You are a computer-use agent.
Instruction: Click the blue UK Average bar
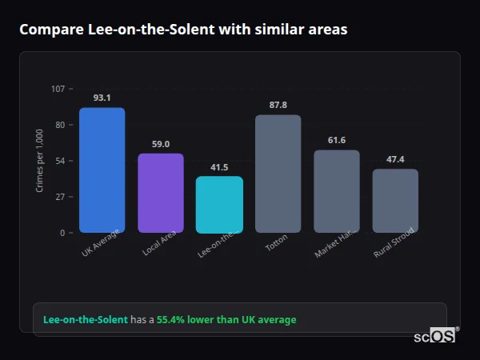pos(102,170)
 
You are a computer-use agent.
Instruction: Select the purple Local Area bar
pos(160,193)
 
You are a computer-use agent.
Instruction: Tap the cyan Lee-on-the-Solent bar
pos(219,204)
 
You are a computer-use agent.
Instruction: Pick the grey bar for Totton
pos(278,174)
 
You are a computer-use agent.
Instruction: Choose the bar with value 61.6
pos(336,191)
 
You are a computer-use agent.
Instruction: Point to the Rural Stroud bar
pos(395,200)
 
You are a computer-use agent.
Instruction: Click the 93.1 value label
pos(102,98)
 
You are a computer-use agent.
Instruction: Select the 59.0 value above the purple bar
pos(160,144)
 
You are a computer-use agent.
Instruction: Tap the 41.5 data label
pos(219,167)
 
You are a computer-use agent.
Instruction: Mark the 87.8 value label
pos(278,105)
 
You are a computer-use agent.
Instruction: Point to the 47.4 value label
pos(395,159)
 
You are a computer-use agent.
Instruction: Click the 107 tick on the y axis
pos(58,89)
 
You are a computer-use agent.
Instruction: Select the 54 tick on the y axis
pos(60,161)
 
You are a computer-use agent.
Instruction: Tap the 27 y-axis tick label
pos(60,197)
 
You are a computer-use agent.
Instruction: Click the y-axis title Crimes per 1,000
pos(40,161)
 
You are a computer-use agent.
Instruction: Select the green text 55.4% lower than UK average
pos(226,319)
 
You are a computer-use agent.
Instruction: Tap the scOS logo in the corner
pos(435,336)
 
